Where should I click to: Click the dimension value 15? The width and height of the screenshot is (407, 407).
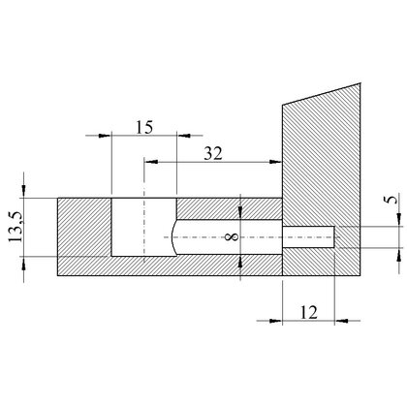click(x=144, y=127)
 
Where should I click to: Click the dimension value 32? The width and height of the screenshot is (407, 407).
click(x=213, y=153)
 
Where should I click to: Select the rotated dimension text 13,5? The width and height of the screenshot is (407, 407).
click(x=16, y=227)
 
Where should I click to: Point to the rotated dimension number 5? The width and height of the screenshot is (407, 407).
click(x=392, y=200)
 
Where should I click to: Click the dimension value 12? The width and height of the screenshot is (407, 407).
click(x=309, y=312)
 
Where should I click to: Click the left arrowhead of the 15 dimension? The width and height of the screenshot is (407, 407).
click(x=105, y=136)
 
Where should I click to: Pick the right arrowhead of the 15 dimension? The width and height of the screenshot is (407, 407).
click(x=183, y=136)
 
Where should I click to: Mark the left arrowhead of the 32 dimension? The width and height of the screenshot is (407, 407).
click(x=151, y=162)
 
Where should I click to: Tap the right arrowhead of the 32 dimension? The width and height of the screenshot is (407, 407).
click(x=275, y=162)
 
